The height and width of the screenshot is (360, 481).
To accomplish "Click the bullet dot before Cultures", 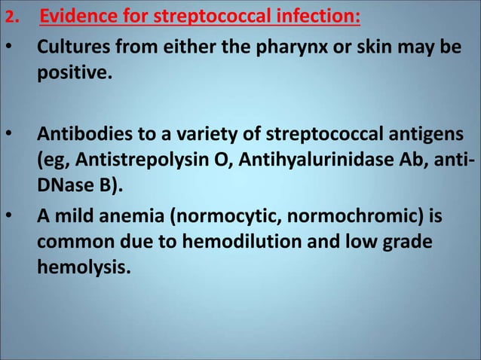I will pos(8,49).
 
